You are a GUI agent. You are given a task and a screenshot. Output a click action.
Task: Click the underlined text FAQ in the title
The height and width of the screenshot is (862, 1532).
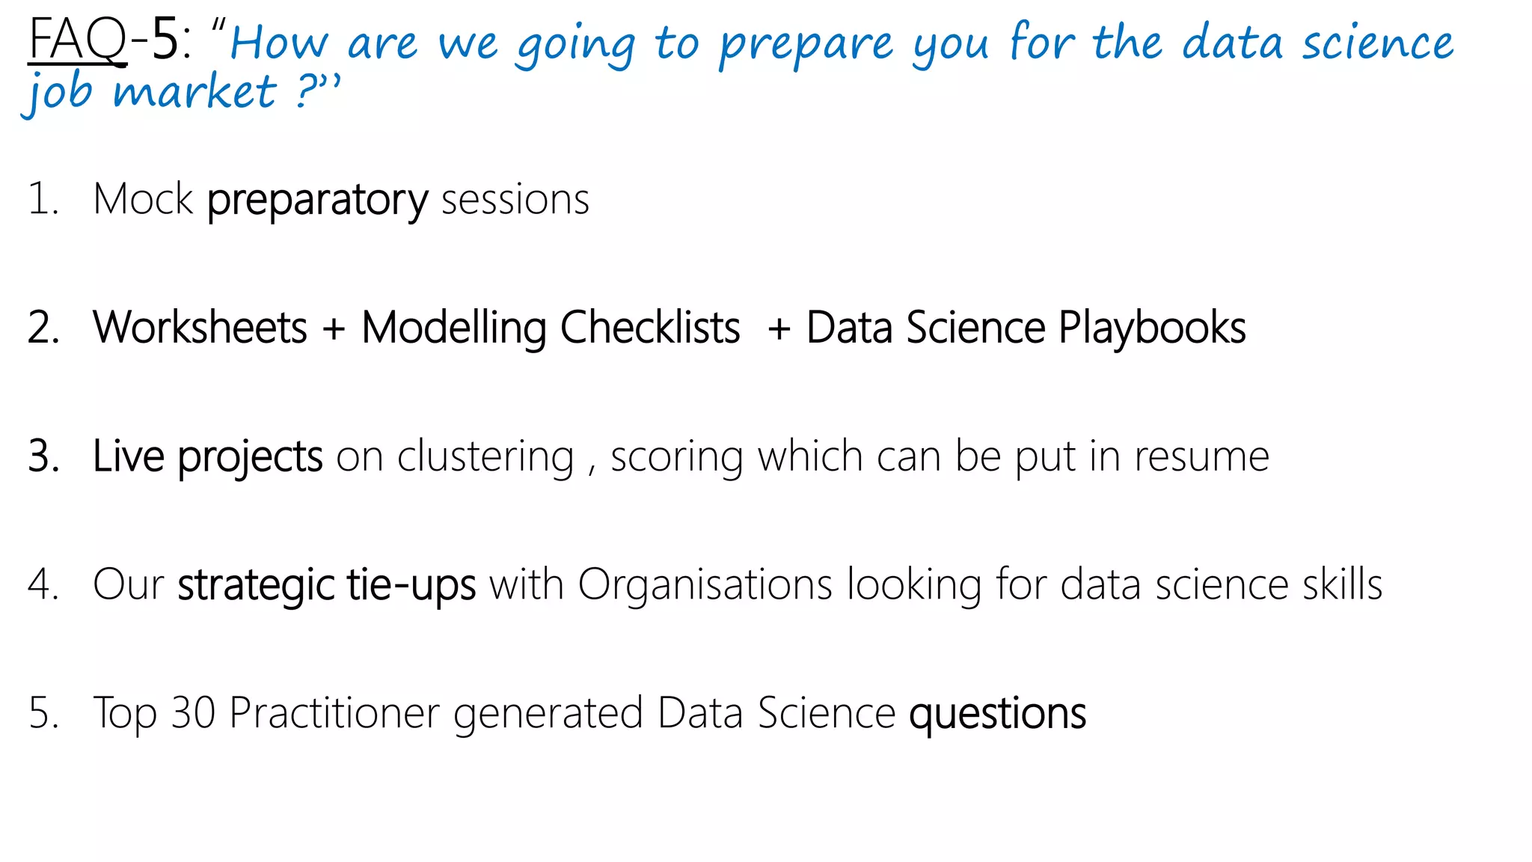pos(77,41)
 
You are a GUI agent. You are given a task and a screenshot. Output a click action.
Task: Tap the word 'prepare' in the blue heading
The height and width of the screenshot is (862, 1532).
pos(806,44)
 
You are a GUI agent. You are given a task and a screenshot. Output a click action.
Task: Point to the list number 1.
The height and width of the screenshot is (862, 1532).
pos(41,200)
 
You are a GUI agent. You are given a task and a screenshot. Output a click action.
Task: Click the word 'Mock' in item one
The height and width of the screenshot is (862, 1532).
pos(143,200)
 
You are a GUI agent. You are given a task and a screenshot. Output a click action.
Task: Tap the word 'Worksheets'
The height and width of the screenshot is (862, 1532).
pos(200,328)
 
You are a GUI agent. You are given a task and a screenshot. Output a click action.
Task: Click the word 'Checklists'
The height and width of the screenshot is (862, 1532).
pos(649,328)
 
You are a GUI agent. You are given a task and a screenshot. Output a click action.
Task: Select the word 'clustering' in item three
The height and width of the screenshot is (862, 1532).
pos(485,456)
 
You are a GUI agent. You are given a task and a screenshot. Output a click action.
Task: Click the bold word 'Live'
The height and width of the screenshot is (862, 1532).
pos(128,456)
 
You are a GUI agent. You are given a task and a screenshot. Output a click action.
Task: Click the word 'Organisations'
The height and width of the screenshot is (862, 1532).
pos(705,584)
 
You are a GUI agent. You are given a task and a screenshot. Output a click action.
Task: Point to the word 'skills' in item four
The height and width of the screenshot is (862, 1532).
pos(1342,584)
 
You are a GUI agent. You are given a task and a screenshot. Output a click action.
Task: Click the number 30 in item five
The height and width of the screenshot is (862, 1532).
pos(193,712)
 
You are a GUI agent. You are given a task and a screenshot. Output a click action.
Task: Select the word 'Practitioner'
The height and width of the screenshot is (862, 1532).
pos(334,712)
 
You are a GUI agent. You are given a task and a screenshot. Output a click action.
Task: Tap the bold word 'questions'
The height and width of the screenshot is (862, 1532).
pos(997,714)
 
